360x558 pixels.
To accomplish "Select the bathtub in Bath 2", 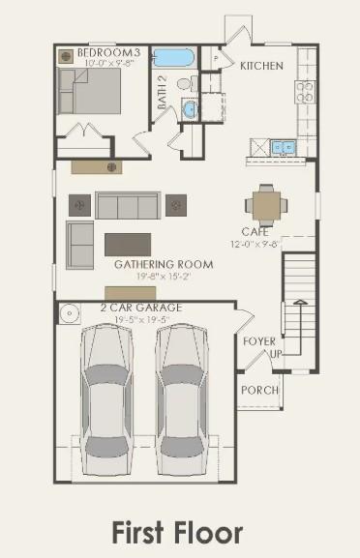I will pyautogui.click(x=174, y=58).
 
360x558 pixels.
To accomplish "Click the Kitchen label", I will pyautogui.click(x=261, y=66).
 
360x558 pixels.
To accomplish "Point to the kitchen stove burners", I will pyautogui.click(x=304, y=92).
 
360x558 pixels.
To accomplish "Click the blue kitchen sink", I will pyautogui.click(x=284, y=147).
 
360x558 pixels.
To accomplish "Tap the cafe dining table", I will pyautogui.click(x=263, y=204).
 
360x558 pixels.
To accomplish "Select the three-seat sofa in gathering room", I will pyautogui.click(x=127, y=205).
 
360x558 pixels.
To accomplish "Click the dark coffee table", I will pyautogui.click(x=128, y=243).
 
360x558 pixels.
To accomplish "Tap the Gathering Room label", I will pyautogui.click(x=150, y=264).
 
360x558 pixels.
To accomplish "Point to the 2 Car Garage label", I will pyautogui.click(x=141, y=308).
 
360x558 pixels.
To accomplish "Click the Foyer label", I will pyautogui.click(x=258, y=341).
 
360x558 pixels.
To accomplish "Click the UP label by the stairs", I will pyautogui.click(x=275, y=355).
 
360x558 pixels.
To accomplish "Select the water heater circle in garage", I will pyautogui.click(x=70, y=314).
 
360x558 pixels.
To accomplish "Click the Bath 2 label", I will pyautogui.click(x=163, y=92).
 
